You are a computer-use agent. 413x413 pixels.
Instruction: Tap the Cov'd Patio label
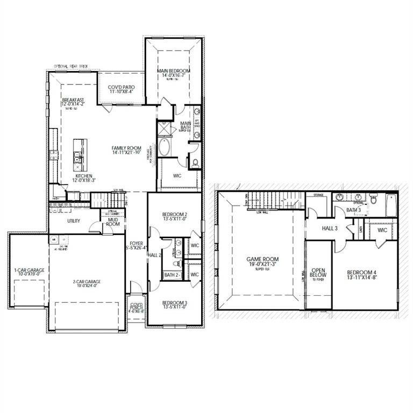[121, 87]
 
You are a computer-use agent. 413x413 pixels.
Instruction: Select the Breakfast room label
[73, 100]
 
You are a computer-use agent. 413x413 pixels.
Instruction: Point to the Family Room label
[126, 148]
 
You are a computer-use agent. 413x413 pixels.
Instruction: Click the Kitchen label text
[83, 176]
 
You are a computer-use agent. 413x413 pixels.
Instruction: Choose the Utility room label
[74, 221]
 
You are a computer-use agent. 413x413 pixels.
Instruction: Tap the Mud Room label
[113, 221]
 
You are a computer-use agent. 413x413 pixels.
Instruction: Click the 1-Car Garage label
[25, 270]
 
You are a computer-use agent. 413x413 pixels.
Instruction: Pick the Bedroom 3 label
[174, 303]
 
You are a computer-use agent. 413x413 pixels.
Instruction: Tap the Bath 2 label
[171, 275]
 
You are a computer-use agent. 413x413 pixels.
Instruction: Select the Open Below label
[318, 272]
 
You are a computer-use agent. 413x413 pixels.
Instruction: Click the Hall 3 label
[330, 229]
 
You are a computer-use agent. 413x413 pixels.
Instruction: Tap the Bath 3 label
[353, 210]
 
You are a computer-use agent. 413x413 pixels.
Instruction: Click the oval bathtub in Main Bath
[164, 147]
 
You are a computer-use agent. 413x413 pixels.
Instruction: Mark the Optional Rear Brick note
[70, 67]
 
